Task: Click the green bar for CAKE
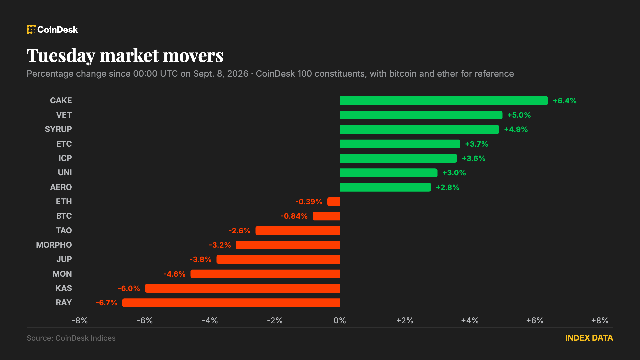[x=444, y=101]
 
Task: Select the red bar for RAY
[x=231, y=303]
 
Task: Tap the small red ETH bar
[x=334, y=202]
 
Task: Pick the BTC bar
[x=326, y=216]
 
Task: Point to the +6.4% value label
[x=565, y=101]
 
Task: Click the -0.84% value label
[x=294, y=216]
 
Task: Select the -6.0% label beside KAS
[x=129, y=288]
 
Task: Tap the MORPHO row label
[x=54, y=245]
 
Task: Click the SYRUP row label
[x=58, y=129]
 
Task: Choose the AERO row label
[x=61, y=187]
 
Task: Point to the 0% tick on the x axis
[x=340, y=321]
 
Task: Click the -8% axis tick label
[x=80, y=321]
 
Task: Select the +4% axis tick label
[x=470, y=321]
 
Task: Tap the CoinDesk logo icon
[x=31, y=29]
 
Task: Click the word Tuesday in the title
[x=61, y=56]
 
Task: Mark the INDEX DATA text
[x=589, y=338]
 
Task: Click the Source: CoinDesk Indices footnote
[x=71, y=338]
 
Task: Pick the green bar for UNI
[x=389, y=173]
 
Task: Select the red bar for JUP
[x=278, y=259]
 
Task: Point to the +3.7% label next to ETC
[x=477, y=144]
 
